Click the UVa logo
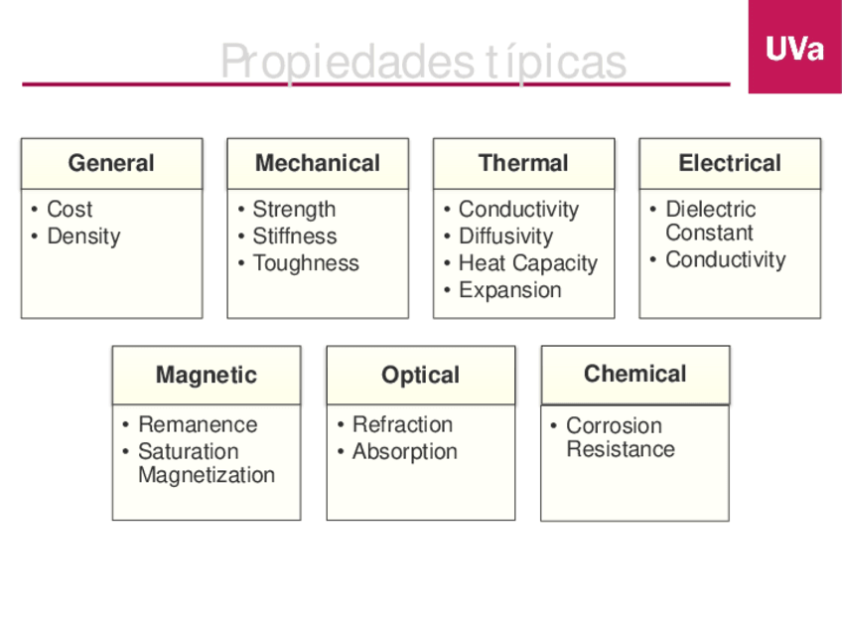[794, 48]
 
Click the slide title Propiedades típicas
[423, 62]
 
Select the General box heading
[111, 163]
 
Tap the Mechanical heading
[318, 163]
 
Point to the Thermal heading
[523, 163]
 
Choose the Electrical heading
[730, 163]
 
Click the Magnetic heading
[207, 375]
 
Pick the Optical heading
[421, 375]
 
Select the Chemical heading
[635, 374]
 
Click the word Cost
[70, 210]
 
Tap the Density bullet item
[83, 237]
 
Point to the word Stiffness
[294, 237]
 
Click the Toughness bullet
[306, 263]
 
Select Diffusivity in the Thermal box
[505, 237]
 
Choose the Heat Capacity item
[527, 263]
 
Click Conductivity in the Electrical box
[725, 259]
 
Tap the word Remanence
[198, 424]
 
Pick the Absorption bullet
[404, 451]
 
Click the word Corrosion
[614, 425]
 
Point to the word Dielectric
[710, 210]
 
